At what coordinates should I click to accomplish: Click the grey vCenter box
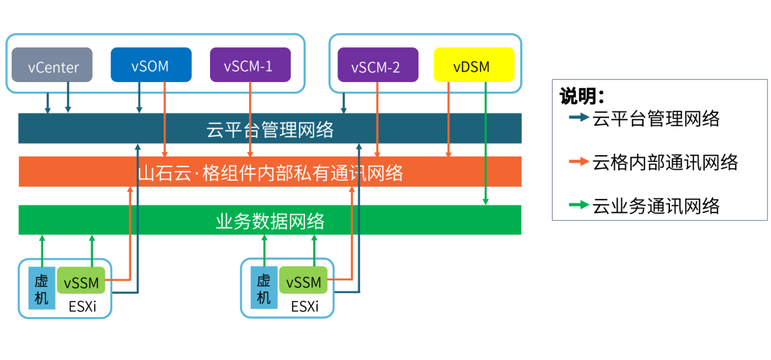coord(52,66)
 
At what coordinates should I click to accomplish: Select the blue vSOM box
coord(150,66)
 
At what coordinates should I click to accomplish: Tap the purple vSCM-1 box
coord(248,66)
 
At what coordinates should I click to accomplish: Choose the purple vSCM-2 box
coord(376,66)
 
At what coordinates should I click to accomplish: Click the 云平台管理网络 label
coord(270,129)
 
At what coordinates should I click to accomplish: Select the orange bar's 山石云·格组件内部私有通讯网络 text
coord(270,174)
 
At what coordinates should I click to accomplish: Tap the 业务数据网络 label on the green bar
coord(270,221)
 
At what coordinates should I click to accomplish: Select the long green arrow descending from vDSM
coord(486,143)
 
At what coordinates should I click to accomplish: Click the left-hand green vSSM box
coord(82,282)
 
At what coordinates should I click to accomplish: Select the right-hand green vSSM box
coord(303,282)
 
